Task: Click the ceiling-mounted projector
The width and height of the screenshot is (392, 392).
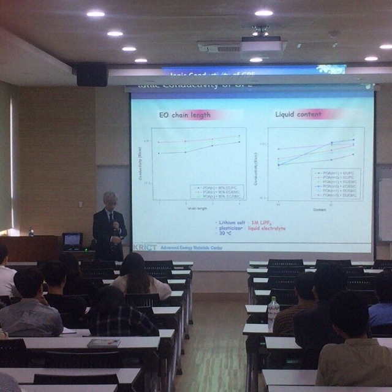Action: (262, 46)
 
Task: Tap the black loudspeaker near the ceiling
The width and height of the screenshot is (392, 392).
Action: (92, 75)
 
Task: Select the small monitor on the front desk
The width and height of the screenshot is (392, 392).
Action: (72, 239)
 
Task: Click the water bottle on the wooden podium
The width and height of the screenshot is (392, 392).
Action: (31, 233)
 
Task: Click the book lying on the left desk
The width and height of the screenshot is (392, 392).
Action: (104, 343)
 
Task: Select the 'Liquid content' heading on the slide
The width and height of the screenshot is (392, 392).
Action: (298, 114)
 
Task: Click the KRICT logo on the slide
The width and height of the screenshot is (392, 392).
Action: (145, 247)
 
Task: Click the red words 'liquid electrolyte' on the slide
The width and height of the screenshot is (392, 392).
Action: (266, 228)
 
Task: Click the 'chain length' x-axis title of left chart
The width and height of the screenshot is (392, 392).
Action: (197, 208)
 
